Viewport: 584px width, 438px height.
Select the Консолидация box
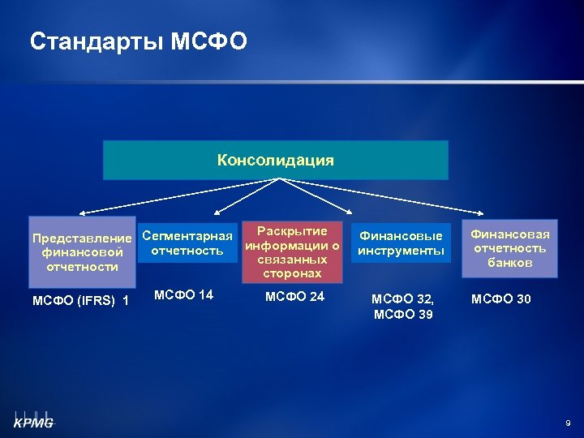tap(275, 160)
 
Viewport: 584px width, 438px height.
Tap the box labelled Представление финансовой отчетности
tap(81, 251)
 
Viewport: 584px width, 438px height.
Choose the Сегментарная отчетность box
tap(187, 243)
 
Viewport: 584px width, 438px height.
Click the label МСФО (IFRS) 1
tap(80, 302)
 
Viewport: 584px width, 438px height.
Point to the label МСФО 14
tap(183, 294)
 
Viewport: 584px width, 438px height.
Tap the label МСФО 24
tap(294, 297)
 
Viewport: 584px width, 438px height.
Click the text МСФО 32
tap(401, 299)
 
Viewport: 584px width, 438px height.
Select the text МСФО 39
tap(401, 314)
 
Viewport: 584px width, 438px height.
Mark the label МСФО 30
tap(501, 299)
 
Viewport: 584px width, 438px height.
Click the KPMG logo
tap(32, 419)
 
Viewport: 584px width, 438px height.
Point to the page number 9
tap(568, 423)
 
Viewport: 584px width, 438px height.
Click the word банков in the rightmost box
tap(510, 262)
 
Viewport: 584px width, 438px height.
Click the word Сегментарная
tap(187, 236)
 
